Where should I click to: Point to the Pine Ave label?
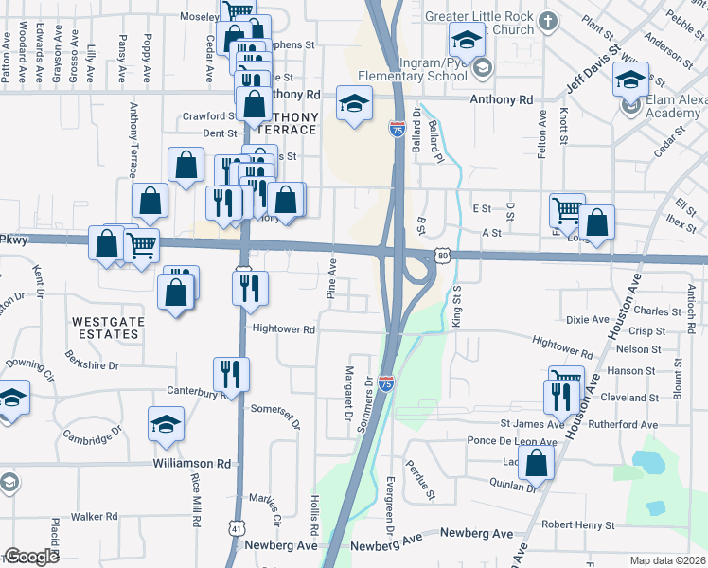pyautogui.click(x=332, y=278)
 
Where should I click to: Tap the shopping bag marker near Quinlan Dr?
pyautogui.click(x=537, y=464)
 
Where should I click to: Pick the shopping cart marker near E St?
pyautogui.click(x=567, y=211)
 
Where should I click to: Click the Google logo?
pyautogui.click(x=31, y=557)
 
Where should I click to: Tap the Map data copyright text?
pyautogui.click(x=667, y=560)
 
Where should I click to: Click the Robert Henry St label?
pyautogui.click(x=577, y=524)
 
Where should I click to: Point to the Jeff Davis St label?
pyautogui.click(x=592, y=67)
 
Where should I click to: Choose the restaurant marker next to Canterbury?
pyautogui.click(x=231, y=373)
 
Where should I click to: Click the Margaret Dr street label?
pyautogui.click(x=348, y=392)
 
